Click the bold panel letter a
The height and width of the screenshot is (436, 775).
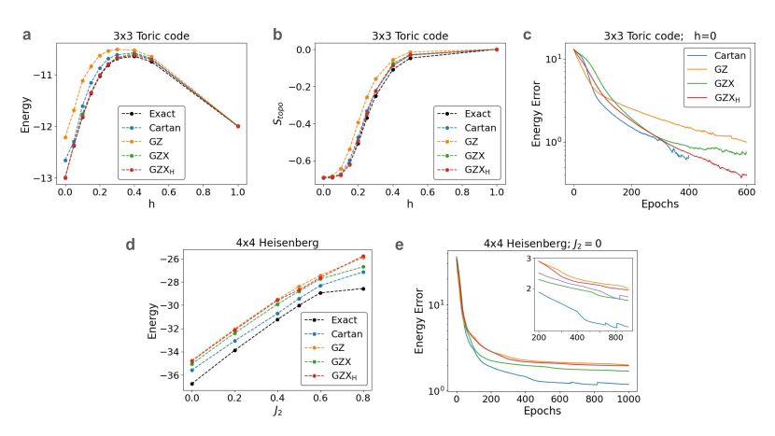(x=28, y=36)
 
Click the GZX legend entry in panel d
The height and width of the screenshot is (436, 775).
(x=326, y=359)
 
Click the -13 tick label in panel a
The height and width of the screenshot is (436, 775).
(x=44, y=177)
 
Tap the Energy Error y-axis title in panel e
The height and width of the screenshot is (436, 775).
(x=422, y=322)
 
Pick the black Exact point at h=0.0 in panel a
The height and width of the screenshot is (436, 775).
(x=65, y=177)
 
